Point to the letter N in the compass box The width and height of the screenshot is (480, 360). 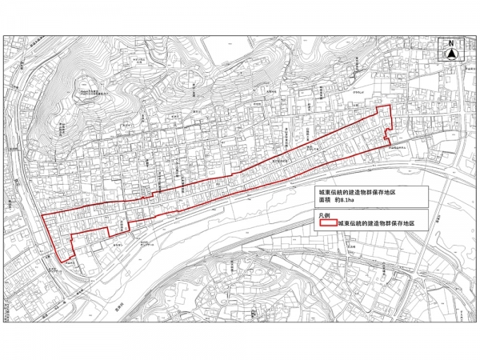click(x=451, y=44)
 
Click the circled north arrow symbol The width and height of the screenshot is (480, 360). click(x=451, y=54)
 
